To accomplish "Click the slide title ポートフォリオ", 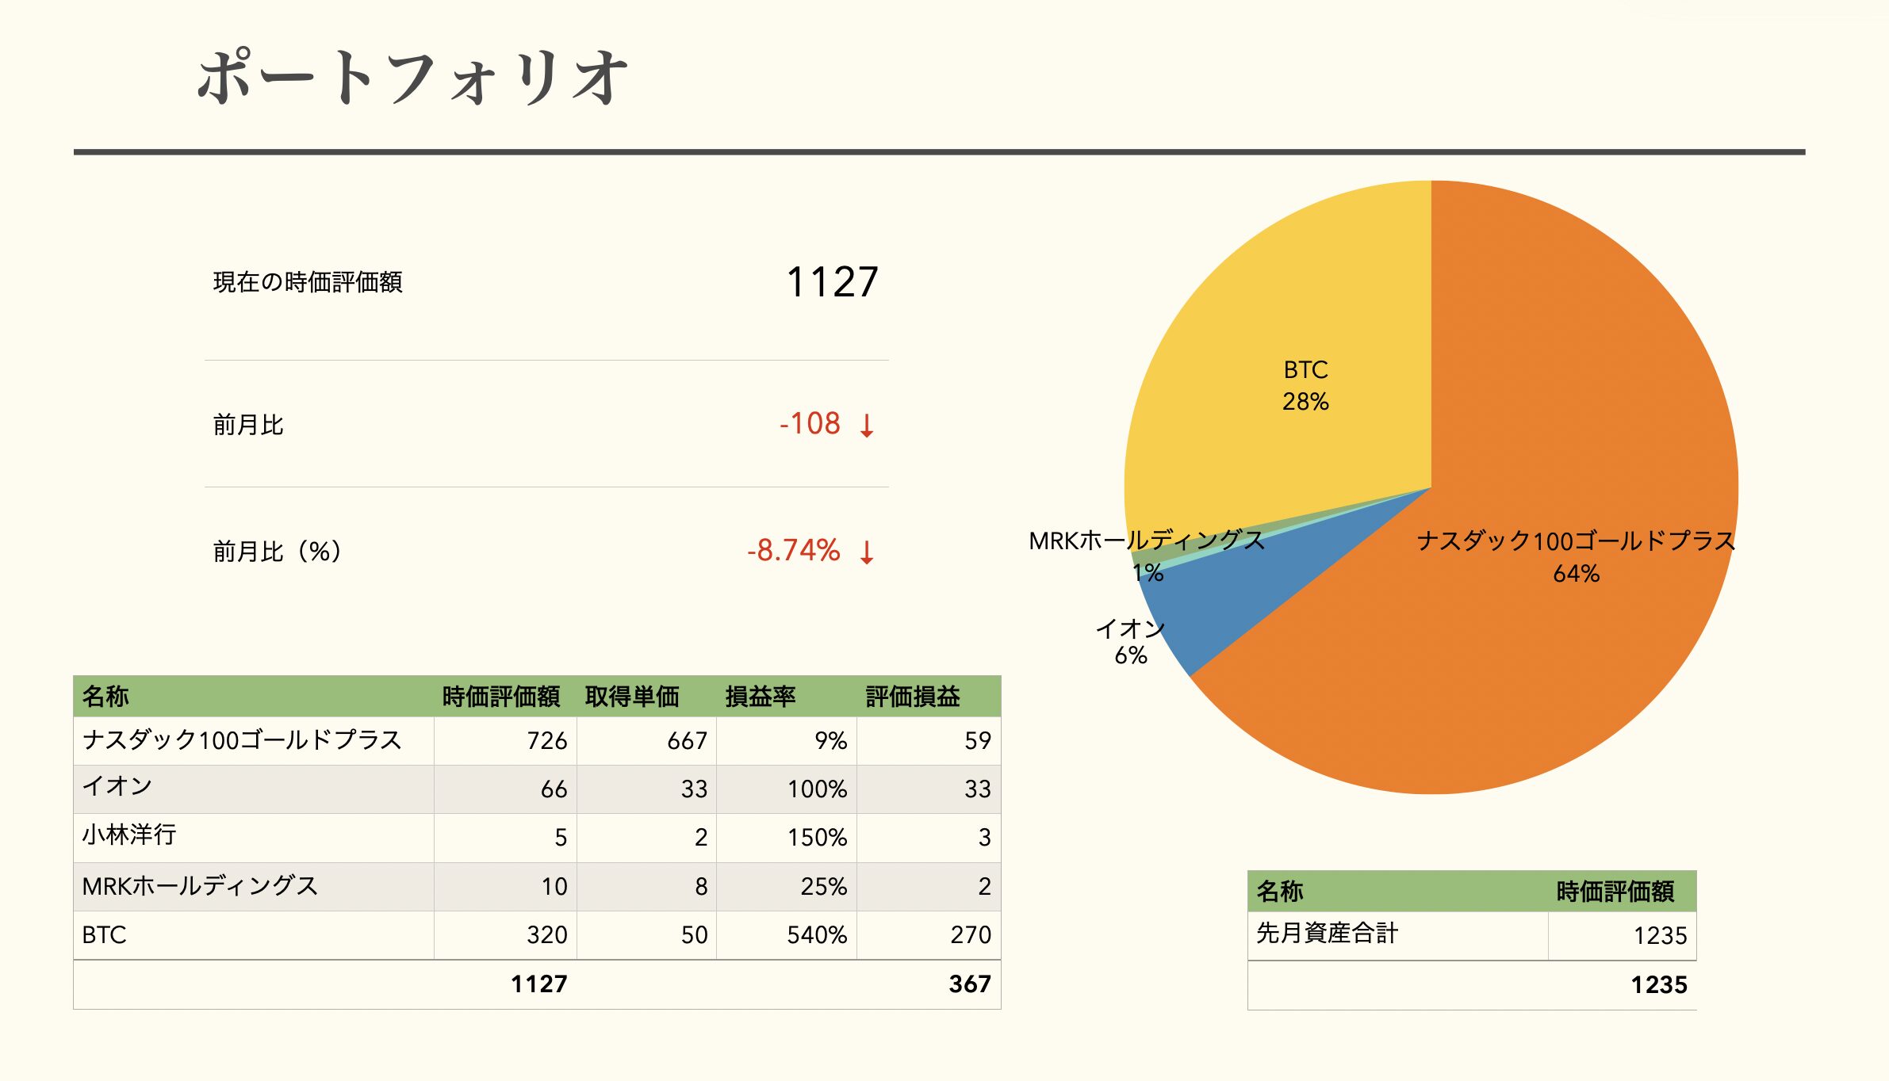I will point(412,78).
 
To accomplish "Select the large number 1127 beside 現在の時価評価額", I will point(832,282).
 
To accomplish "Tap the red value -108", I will point(810,424).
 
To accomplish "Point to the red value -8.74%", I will point(793,551).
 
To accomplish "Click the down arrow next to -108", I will point(867,426).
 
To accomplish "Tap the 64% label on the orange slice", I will point(1576,574).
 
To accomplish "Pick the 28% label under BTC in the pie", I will point(1305,402).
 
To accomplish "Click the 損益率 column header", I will point(760,697).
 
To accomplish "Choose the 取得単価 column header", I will point(632,697).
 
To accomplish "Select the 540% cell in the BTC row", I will point(817,935).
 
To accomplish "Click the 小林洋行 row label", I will point(129,835).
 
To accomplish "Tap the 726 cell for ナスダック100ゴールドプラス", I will point(546,741).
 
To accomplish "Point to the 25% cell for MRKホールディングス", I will point(823,887).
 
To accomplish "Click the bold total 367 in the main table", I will point(969,984).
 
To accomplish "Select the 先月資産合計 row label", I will point(1327,934).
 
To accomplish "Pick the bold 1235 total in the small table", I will point(1658,985).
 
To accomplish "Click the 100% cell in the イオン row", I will point(817,789).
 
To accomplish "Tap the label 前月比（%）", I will point(277,551).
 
